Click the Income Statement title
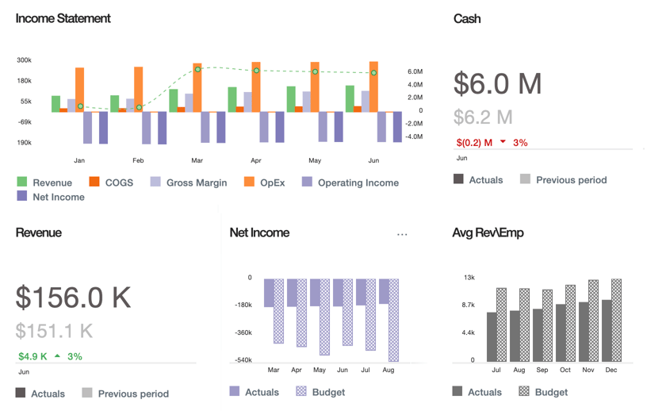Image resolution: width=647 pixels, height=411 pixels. [63, 18]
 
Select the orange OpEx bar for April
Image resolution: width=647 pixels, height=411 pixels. [256, 87]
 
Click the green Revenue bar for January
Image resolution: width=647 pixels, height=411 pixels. [56, 104]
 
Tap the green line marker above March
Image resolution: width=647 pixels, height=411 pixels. [198, 70]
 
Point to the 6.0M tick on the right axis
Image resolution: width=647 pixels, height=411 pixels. [415, 71]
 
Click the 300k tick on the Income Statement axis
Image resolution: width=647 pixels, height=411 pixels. [24, 60]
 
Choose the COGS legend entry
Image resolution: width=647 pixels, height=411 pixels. [111, 182]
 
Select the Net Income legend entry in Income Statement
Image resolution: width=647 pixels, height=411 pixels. [51, 197]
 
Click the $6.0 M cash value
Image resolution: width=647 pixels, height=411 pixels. [497, 83]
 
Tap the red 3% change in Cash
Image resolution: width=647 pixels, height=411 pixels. [519, 143]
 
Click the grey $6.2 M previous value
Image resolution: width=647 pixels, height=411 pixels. [483, 117]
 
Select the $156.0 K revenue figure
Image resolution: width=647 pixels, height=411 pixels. [73, 297]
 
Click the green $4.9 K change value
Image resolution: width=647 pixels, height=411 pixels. [33, 356]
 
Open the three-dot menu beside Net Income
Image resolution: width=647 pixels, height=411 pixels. [402, 234]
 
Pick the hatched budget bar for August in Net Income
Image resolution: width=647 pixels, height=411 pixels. [393, 320]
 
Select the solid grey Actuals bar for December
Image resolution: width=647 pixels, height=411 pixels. [607, 330]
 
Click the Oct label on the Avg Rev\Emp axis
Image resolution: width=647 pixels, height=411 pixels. [565, 370]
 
